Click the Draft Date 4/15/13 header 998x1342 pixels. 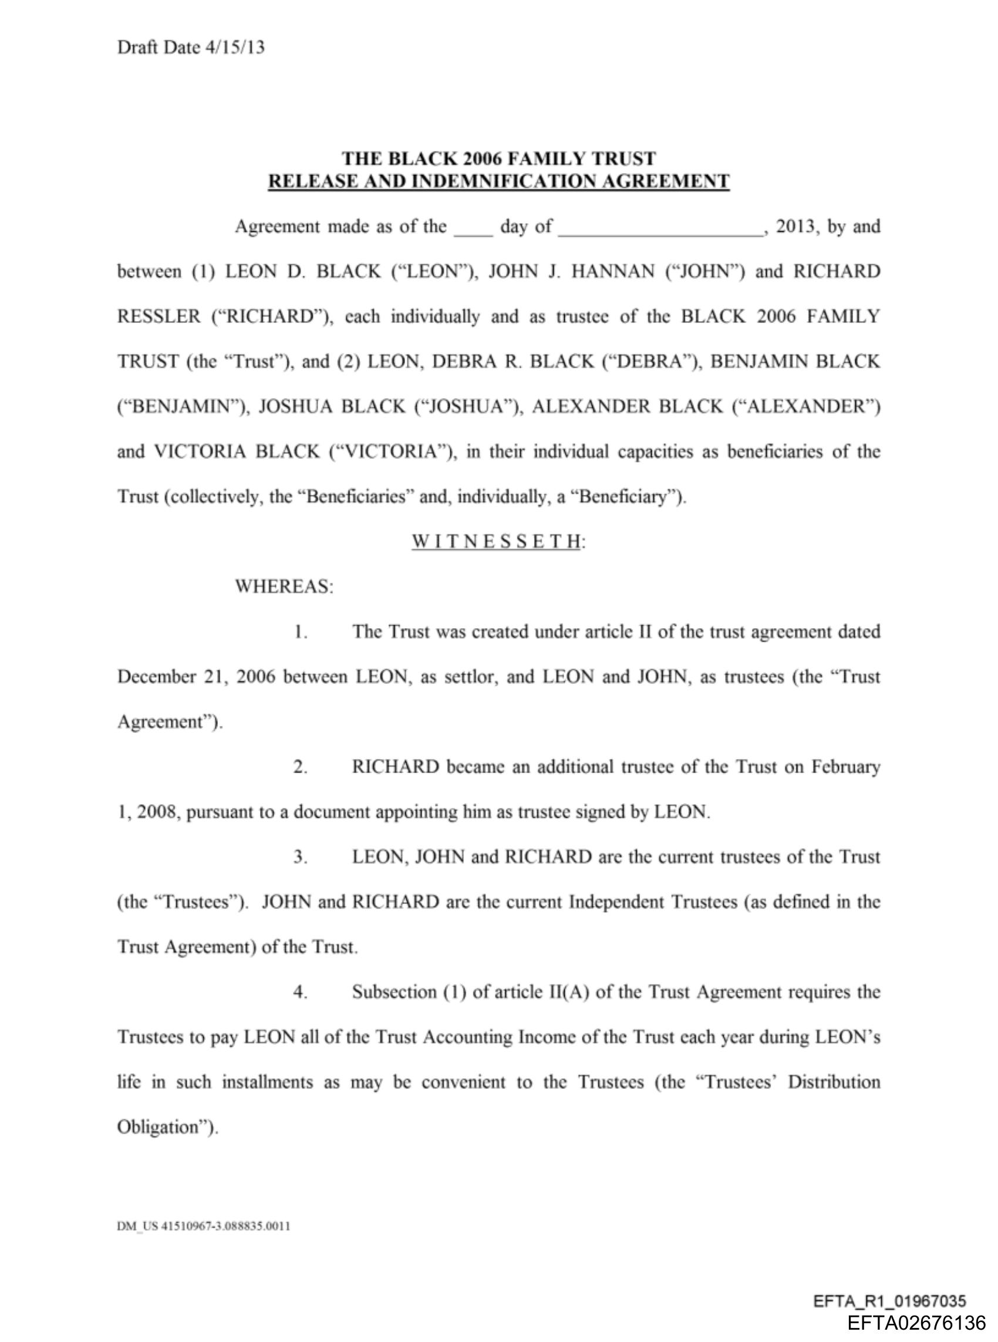pos(191,47)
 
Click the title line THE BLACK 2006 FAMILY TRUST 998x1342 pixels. pos(498,159)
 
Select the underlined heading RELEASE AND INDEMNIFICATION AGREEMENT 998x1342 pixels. pos(498,181)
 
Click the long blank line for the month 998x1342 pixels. pos(660,233)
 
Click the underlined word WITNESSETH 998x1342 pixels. pos(497,541)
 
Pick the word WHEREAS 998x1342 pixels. pos(284,586)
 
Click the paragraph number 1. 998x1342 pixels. pos(300,632)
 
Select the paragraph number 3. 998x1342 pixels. pos(300,857)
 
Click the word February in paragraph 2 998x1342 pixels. pos(845,767)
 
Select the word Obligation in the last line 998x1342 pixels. pos(167,1127)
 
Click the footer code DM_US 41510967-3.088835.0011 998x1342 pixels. pos(204,1225)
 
